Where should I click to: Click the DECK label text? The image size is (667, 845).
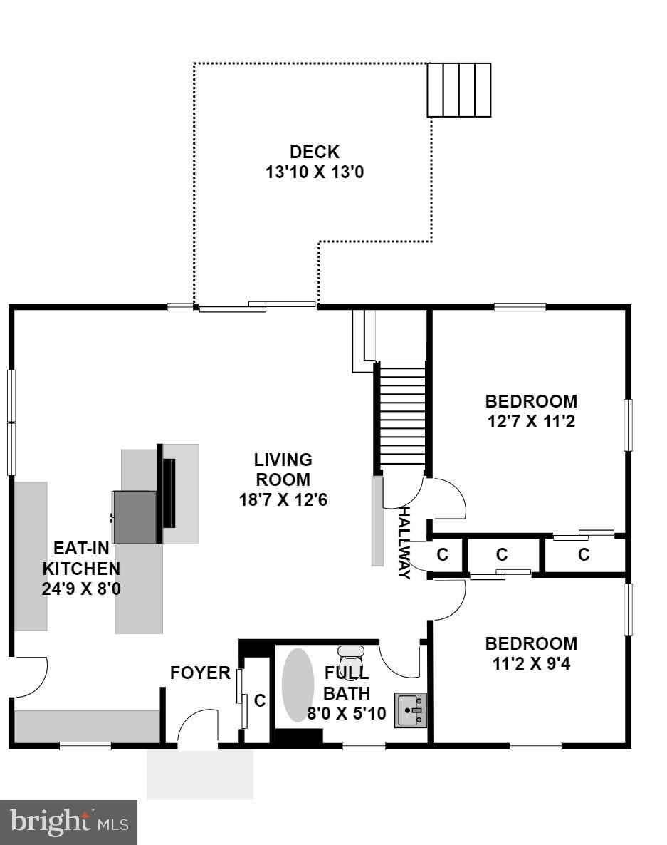click(314, 152)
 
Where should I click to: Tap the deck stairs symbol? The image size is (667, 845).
click(458, 90)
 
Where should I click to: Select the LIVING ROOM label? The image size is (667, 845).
click(283, 470)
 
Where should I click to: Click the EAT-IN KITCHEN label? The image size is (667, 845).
click(81, 559)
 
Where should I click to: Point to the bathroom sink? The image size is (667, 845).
click(411, 710)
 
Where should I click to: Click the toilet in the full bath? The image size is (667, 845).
click(350, 655)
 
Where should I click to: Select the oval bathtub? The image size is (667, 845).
click(298, 685)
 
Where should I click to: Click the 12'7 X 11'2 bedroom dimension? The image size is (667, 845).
click(530, 421)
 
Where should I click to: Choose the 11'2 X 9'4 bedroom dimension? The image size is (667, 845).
click(531, 664)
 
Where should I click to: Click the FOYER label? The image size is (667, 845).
click(200, 673)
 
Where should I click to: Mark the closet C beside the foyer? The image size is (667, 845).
click(259, 700)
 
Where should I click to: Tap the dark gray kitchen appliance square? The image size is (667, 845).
click(135, 517)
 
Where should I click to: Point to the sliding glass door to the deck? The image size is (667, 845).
click(256, 306)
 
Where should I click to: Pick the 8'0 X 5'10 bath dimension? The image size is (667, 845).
click(346, 712)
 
